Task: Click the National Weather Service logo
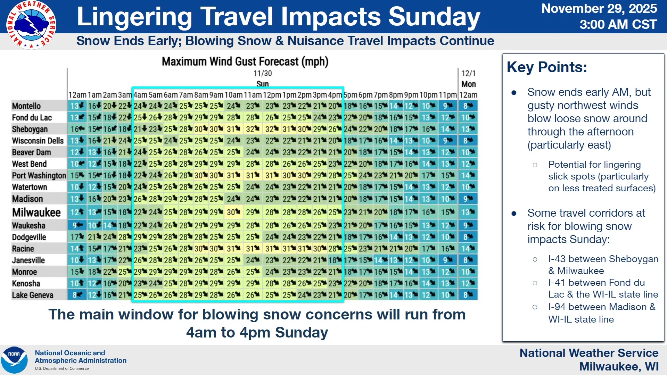pos(31,25)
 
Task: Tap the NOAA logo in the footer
pos(14,360)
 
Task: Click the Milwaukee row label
pos(36,212)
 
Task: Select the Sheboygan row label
pos(30,129)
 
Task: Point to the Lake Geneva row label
pos(33,295)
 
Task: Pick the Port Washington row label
pos(39,175)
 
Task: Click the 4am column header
pos(140,95)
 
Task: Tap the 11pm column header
pos(447,95)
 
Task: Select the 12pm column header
pos(272,95)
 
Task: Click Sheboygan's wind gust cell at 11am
pos(253,129)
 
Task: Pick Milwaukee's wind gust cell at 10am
pos(233,212)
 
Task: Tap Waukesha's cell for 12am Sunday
pos(77,225)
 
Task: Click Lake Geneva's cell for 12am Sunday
pos(77,295)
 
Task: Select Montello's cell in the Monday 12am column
pos(468,106)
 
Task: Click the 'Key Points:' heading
pos(547,67)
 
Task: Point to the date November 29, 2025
pos(599,8)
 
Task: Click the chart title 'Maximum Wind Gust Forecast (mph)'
pos(245,61)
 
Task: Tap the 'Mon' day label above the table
pos(468,84)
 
